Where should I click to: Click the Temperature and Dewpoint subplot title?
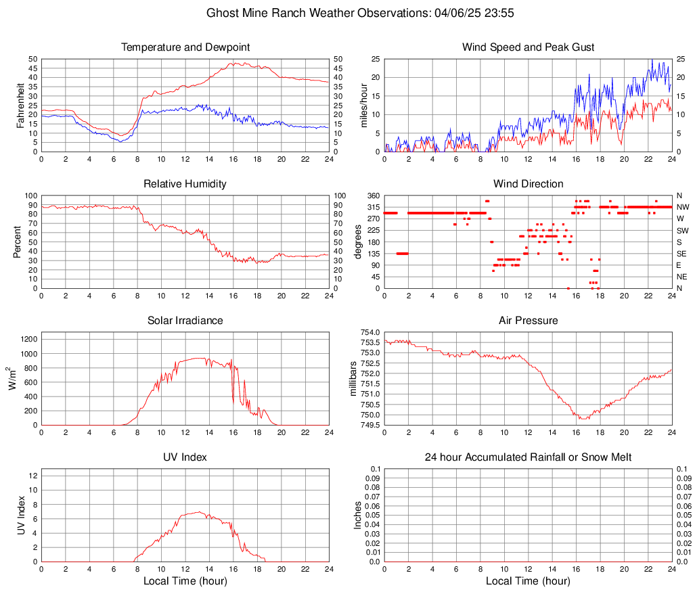pyautogui.click(x=185, y=47)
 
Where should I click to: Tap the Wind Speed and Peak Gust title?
pyautogui.click(x=529, y=47)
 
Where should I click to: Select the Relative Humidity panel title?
pyautogui.click(x=185, y=184)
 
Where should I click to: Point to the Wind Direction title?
pyautogui.click(x=529, y=184)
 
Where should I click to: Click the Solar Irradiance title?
pyautogui.click(x=185, y=321)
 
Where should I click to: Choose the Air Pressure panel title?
pyautogui.click(x=529, y=321)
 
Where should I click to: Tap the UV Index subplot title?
pyautogui.click(x=185, y=457)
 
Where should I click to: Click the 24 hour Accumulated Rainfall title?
pyautogui.click(x=529, y=457)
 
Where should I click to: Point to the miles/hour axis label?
pyautogui.click(x=363, y=105)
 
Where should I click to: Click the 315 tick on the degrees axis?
pyautogui.click(x=372, y=207)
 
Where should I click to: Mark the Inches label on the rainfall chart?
pyautogui.click(x=359, y=515)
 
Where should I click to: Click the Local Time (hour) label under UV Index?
pyautogui.click(x=185, y=581)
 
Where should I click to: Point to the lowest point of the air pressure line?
pyautogui.click(x=582, y=419)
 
